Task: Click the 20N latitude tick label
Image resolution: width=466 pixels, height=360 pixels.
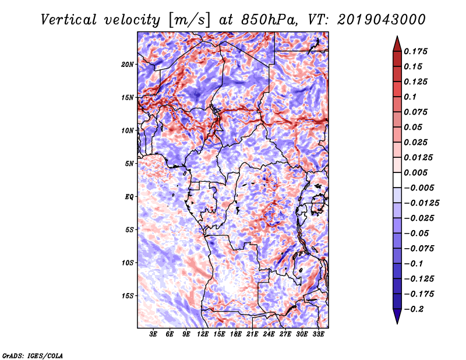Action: [x=128, y=64]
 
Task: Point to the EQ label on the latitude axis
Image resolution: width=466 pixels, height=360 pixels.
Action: [x=129, y=196]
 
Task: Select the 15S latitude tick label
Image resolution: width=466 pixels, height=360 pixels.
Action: [x=128, y=295]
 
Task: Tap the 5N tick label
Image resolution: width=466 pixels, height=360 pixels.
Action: [x=129, y=163]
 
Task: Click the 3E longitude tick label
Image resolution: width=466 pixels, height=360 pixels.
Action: [x=154, y=334]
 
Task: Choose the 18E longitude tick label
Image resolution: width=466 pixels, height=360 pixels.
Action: [x=236, y=334]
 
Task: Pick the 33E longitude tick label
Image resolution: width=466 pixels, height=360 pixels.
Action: [x=318, y=334]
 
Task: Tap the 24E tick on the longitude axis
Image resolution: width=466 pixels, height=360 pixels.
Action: [x=269, y=334]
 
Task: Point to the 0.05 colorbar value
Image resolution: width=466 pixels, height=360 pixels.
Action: [x=414, y=127]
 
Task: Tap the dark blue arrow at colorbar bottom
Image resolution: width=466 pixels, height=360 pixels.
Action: [x=396, y=318]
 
